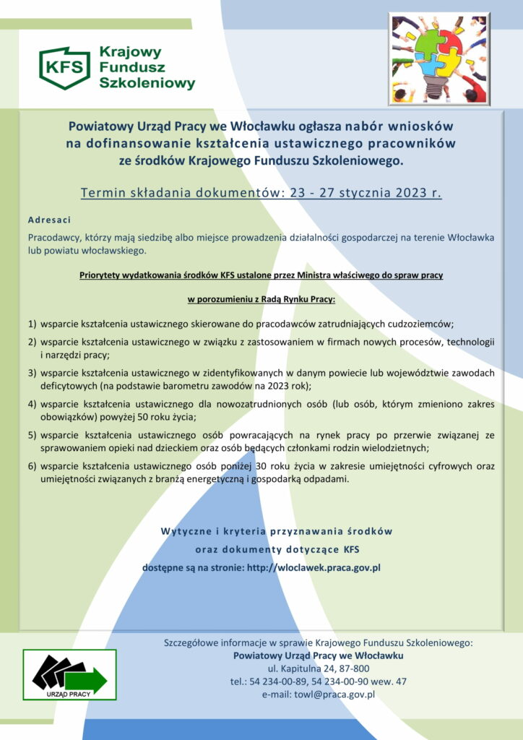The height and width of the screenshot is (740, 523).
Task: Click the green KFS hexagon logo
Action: point(64,68)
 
